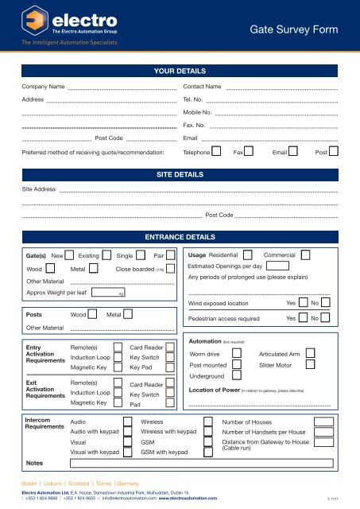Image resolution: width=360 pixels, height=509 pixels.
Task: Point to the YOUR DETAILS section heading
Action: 180,71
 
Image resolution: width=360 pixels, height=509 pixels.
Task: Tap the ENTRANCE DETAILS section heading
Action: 180,237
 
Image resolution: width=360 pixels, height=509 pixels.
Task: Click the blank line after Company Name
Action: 122,87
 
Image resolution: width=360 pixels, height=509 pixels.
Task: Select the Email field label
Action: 191,139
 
